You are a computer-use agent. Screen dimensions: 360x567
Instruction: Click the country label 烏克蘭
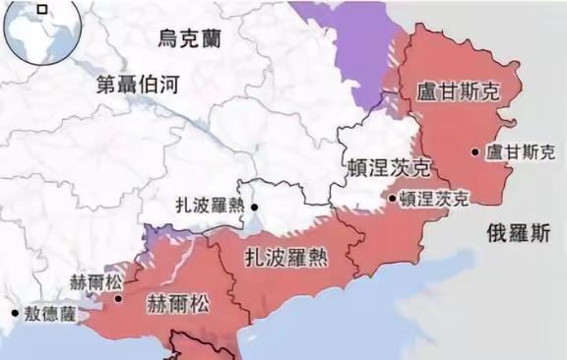click(x=189, y=38)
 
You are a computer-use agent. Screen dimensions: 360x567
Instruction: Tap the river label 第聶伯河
click(x=138, y=85)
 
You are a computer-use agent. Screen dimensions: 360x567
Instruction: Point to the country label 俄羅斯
click(x=518, y=233)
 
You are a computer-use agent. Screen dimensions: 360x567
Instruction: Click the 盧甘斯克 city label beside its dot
click(x=522, y=151)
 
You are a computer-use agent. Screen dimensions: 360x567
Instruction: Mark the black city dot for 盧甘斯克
click(x=475, y=151)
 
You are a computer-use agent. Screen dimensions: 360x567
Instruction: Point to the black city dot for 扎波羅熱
click(x=254, y=207)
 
